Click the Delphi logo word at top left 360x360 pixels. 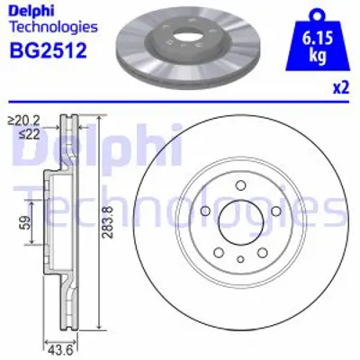[28, 11]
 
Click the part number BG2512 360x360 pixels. [47, 49]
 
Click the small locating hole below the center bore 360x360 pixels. [240, 259]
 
